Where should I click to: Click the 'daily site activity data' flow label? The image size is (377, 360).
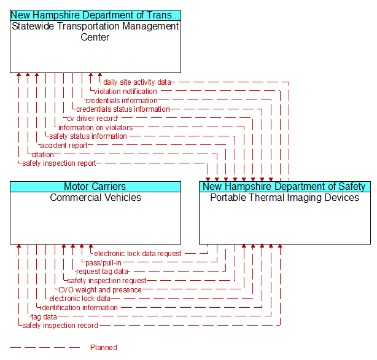138,82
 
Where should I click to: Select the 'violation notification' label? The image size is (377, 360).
125,92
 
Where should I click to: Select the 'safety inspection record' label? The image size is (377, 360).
60,326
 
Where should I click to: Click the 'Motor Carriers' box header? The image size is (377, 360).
95,187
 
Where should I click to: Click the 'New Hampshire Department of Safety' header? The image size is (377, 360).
284,187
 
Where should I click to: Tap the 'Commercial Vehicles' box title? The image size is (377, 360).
95,198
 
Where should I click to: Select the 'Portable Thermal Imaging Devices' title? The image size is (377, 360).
284,198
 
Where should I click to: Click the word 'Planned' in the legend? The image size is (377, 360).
103,348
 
